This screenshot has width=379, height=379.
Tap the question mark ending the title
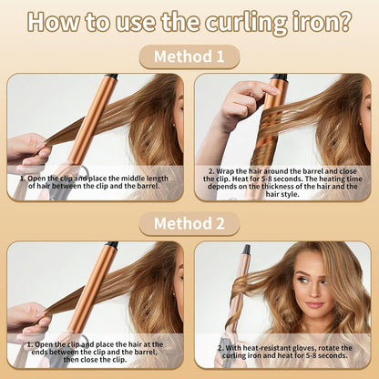coord(343,21)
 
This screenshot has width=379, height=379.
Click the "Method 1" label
coord(189,56)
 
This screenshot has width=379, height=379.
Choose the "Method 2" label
coord(189,223)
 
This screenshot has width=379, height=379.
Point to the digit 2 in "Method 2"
coord(220,224)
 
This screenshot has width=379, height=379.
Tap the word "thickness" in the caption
coord(279,186)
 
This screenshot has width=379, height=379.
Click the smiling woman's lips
coord(314,304)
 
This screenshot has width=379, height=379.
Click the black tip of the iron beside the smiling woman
coord(246,250)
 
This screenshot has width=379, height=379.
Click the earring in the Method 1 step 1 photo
coord(175,124)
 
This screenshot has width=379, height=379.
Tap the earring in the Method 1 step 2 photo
coord(361,124)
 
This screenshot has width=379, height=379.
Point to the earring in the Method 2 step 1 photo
coord(175,293)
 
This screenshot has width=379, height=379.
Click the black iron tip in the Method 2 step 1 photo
coord(111,244)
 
